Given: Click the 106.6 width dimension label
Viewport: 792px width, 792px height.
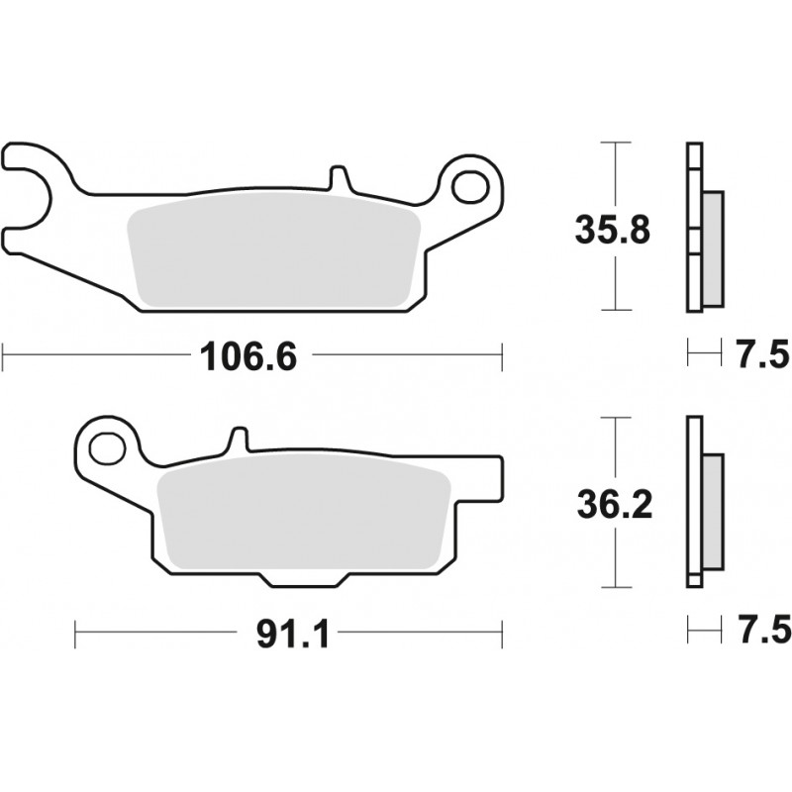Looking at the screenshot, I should pos(249,354).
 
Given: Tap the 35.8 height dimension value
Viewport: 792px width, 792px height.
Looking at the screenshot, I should pos(614,231).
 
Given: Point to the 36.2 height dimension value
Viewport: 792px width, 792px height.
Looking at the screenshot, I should pos(614,507).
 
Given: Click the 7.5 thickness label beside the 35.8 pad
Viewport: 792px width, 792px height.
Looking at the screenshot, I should pos(761,353).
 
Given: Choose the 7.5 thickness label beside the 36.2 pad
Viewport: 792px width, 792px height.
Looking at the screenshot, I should pos(761,629).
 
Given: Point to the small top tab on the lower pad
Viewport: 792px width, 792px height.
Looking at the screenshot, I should pos(237,441).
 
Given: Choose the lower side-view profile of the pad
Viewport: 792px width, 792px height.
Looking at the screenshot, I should pos(701,505).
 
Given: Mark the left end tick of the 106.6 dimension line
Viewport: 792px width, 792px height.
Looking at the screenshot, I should pos(4,354).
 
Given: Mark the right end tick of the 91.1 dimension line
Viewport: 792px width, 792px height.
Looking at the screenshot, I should pos(502,631).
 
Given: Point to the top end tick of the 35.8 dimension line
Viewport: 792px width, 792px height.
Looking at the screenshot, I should pos(616,145).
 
